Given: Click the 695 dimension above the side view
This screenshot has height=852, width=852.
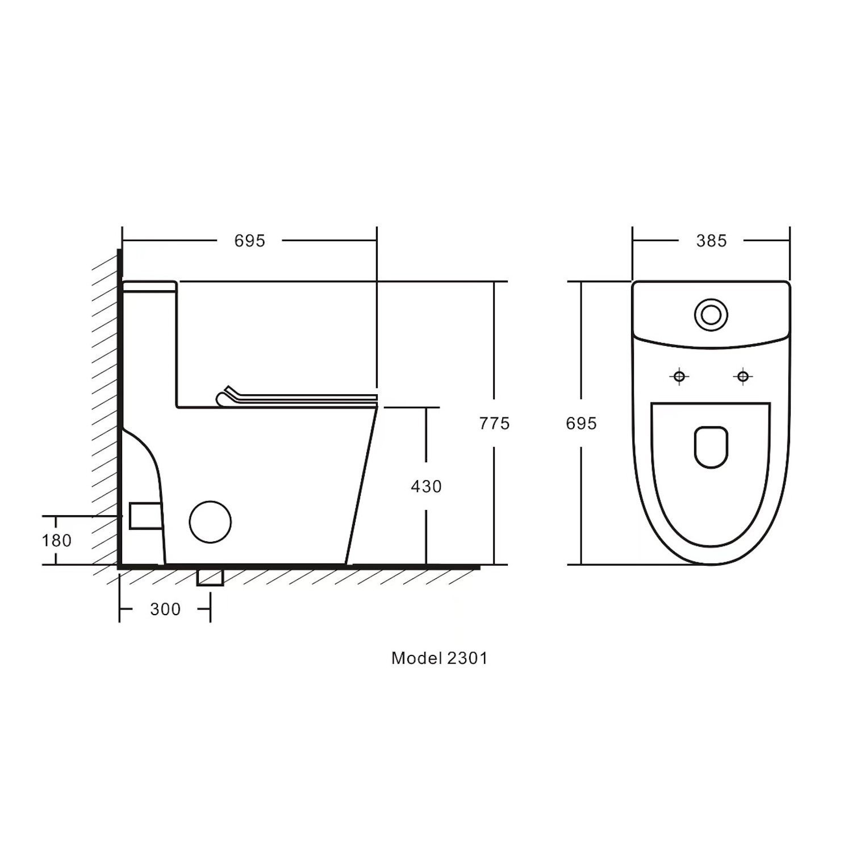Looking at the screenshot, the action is [249, 241].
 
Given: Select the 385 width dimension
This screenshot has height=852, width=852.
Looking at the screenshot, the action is [711, 241].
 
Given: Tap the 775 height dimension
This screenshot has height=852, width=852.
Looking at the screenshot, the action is [494, 423].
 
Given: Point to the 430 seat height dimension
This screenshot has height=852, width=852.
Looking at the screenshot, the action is [426, 486].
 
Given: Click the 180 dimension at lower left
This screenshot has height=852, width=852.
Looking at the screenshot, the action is [57, 540].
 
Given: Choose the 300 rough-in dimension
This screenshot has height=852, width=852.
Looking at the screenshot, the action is [165, 609].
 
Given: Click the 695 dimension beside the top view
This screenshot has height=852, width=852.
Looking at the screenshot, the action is [581, 423].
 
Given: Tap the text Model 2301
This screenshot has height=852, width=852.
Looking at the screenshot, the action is [439, 658].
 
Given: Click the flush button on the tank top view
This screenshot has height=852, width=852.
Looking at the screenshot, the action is [711, 314].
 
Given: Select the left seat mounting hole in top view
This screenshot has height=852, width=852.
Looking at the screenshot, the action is [679, 376].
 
